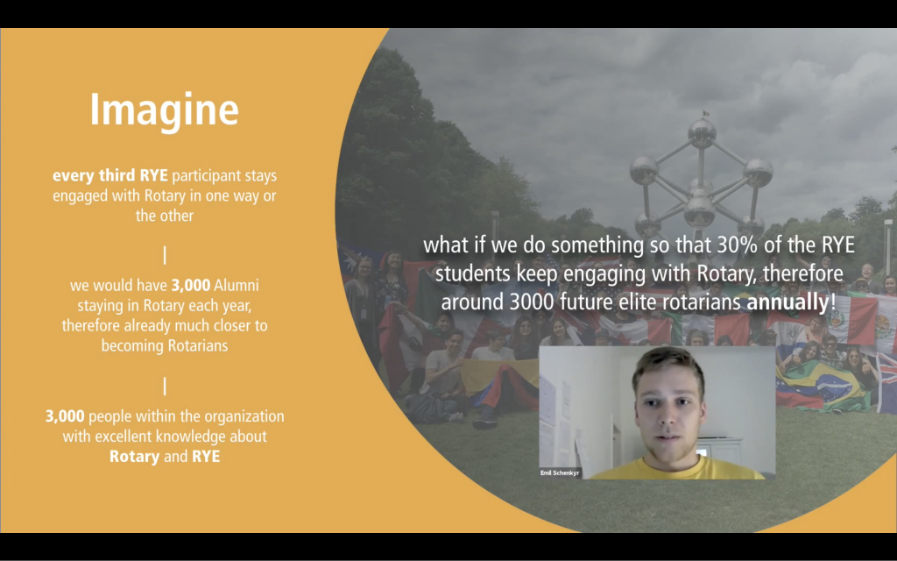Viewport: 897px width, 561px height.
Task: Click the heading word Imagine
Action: tap(164, 109)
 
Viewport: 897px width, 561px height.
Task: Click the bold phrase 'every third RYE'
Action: tap(110, 175)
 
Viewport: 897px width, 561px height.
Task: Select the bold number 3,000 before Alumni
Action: tap(191, 285)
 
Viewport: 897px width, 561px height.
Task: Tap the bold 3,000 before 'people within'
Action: tap(65, 416)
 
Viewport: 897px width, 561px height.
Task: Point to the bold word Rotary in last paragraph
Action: tap(134, 457)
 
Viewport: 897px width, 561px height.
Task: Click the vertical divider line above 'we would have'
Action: tap(165, 255)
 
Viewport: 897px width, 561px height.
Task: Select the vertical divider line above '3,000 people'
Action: tap(165, 387)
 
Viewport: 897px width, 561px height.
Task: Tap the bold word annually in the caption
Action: tap(788, 302)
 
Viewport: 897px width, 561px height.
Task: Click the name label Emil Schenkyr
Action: tap(560, 472)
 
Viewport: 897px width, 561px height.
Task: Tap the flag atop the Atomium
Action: tap(706, 113)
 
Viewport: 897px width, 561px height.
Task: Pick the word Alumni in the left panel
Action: tap(237, 285)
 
